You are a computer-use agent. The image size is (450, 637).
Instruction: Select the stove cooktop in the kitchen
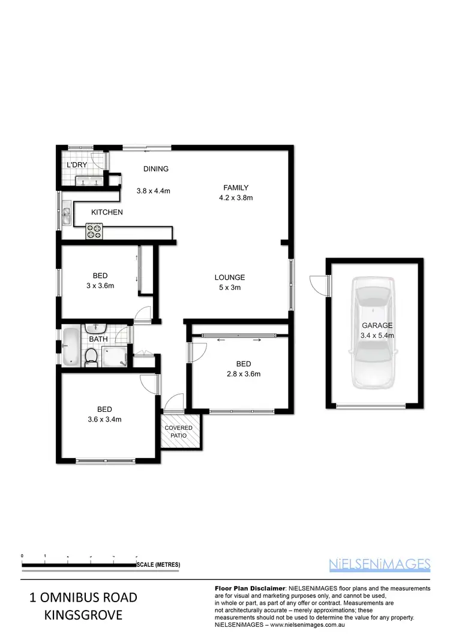point(94,231)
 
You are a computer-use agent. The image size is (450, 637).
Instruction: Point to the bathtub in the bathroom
point(70,346)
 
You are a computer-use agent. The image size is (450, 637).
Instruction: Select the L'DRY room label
point(77,165)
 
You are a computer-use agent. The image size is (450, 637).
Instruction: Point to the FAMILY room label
point(236,187)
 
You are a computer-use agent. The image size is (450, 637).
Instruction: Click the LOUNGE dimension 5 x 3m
point(230,288)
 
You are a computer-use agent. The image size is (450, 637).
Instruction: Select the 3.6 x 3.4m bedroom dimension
point(105,420)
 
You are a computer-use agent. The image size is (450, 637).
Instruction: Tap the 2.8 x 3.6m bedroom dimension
point(243,374)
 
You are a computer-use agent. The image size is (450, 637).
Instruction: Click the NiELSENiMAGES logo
point(380,564)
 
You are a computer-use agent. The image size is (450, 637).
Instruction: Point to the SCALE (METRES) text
point(158,565)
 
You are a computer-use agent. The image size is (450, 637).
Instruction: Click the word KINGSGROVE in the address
point(83,615)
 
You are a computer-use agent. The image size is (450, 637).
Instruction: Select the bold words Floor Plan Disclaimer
point(249,588)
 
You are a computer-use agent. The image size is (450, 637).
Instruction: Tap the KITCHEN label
point(107,213)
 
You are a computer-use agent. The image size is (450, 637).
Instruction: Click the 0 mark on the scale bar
point(22,556)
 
